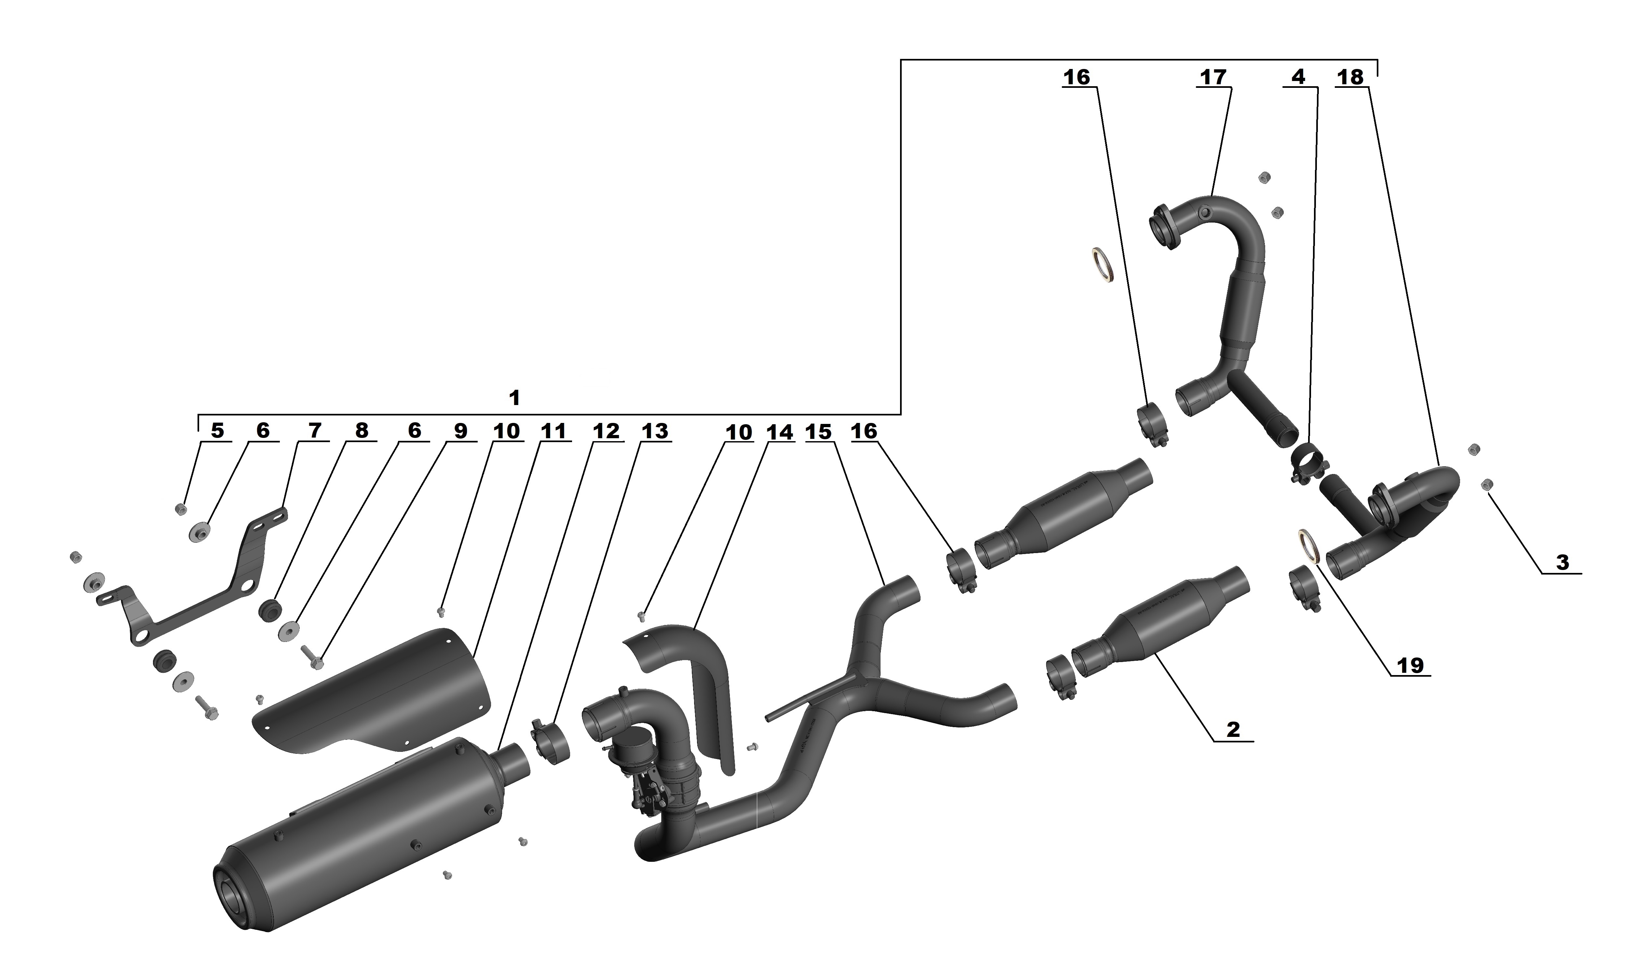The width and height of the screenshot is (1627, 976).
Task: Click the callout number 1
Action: click(x=514, y=398)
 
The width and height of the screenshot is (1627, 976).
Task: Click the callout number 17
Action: click(x=1213, y=78)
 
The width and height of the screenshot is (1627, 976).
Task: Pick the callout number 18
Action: click(x=1351, y=78)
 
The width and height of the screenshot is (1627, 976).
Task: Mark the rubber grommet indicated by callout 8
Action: click(x=269, y=610)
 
